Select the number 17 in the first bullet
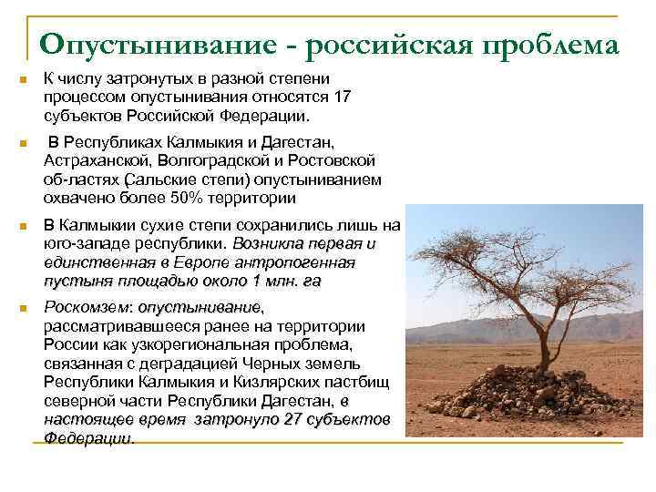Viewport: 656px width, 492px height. [342, 96]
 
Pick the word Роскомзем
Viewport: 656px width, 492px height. [86, 307]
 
